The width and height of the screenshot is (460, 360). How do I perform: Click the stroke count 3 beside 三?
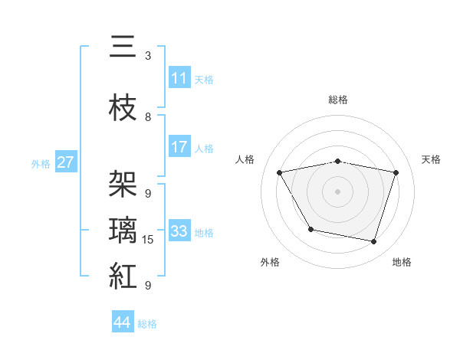click(148, 56)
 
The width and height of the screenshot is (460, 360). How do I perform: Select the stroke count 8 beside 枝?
click(148, 117)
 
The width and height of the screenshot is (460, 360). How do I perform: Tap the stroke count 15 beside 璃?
click(149, 240)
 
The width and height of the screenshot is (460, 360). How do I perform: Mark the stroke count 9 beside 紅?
click(148, 285)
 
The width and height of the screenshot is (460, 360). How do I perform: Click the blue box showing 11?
click(179, 78)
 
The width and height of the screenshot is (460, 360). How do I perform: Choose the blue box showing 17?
click(179, 148)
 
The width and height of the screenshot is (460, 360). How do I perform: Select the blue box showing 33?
click(179, 231)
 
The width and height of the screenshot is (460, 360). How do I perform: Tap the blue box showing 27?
click(66, 162)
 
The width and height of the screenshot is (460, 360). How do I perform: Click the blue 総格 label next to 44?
click(147, 324)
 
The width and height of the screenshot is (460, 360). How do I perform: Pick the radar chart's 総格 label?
click(338, 100)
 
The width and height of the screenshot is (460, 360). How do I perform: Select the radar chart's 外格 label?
click(270, 262)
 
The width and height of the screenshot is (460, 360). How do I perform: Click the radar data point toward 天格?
click(396, 172)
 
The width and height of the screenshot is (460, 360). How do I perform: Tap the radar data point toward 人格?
click(280, 172)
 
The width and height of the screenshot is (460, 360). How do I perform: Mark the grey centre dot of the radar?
click(338, 191)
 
